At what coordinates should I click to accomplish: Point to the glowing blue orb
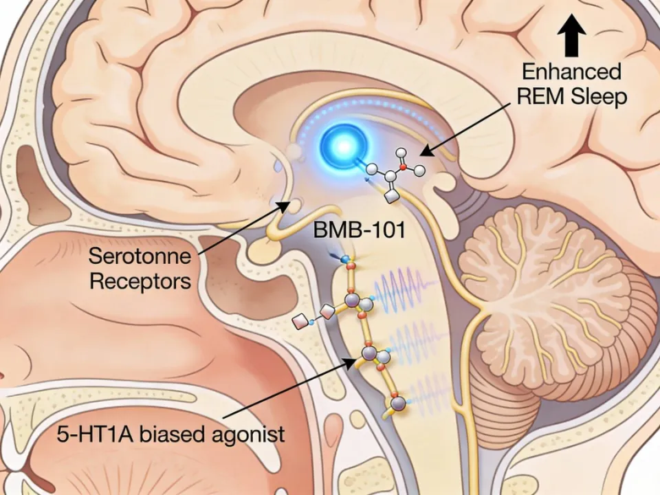342,145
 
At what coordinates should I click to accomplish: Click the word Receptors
140,282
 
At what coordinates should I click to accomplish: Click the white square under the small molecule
393,196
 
